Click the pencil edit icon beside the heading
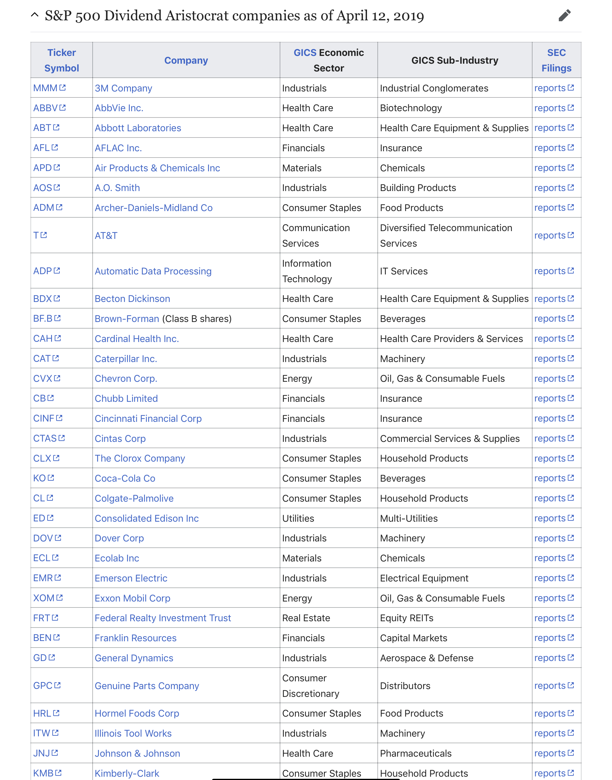pos(564,16)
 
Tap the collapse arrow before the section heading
pos(35,15)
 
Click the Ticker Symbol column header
pos(62,60)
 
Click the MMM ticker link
pos(45,88)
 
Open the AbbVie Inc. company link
pos(119,108)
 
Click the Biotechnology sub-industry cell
pos(411,108)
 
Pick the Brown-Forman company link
pos(127,319)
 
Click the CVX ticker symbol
pos(43,378)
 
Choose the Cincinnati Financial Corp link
pos(148,419)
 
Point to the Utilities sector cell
pos(298,518)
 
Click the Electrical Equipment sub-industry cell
pos(424,578)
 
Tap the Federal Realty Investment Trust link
pos(163,618)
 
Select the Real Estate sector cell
pos(306,618)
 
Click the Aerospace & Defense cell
pos(426,658)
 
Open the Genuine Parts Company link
pos(146,686)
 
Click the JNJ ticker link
pos(42,753)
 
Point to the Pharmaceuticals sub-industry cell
pos(416,753)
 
